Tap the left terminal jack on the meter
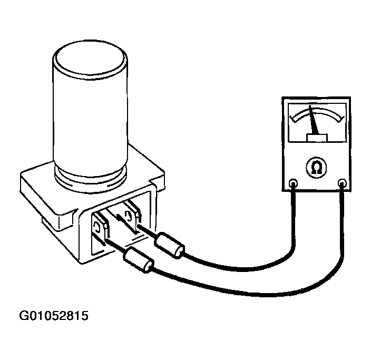click(294, 184)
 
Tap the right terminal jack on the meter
click(343, 183)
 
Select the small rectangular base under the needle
click(317, 138)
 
